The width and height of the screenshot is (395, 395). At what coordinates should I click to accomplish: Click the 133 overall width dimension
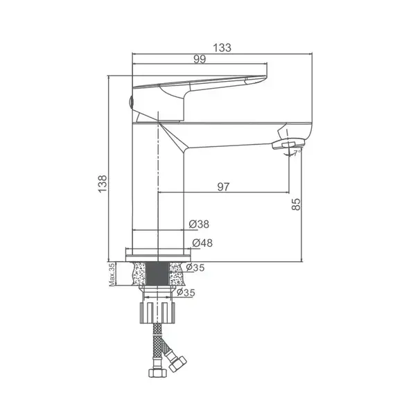pyautogui.click(x=222, y=48)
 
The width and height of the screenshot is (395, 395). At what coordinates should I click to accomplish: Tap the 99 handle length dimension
pyautogui.click(x=200, y=59)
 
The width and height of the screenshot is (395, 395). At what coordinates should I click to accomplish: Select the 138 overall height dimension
pyautogui.click(x=103, y=184)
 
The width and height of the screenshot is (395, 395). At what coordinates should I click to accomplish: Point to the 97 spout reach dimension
pyautogui.click(x=223, y=186)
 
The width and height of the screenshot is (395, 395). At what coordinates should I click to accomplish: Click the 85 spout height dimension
pyautogui.click(x=296, y=204)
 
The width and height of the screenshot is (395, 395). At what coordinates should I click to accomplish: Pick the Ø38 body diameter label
pyautogui.click(x=199, y=224)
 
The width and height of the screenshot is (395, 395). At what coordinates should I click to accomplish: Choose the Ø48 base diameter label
pyautogui.click(x=202, y=243)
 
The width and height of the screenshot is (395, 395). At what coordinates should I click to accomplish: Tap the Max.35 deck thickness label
pyautogui.click(x=112, y=274)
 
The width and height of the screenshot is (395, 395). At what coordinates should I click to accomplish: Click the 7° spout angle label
pyautogui.click(x=297, y=152)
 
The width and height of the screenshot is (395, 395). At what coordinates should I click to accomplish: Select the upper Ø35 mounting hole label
pyautogui.click(x=195, y=267)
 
